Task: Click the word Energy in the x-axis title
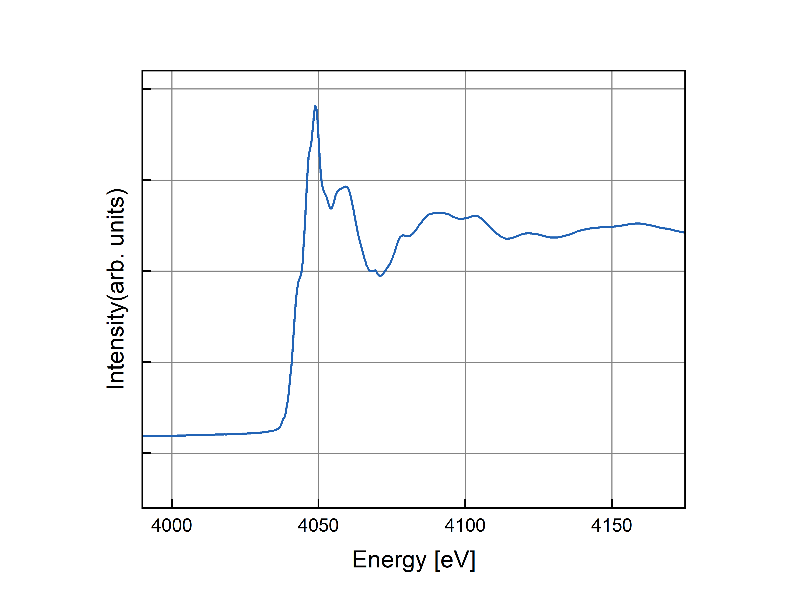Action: pos(389,560)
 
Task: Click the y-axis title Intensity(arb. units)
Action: pos(116,289)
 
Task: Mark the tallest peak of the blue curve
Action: pos(315,106)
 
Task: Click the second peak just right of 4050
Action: pos(346,187)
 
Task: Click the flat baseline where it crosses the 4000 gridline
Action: pos(172,436)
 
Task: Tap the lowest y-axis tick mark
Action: pos(147,453)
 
